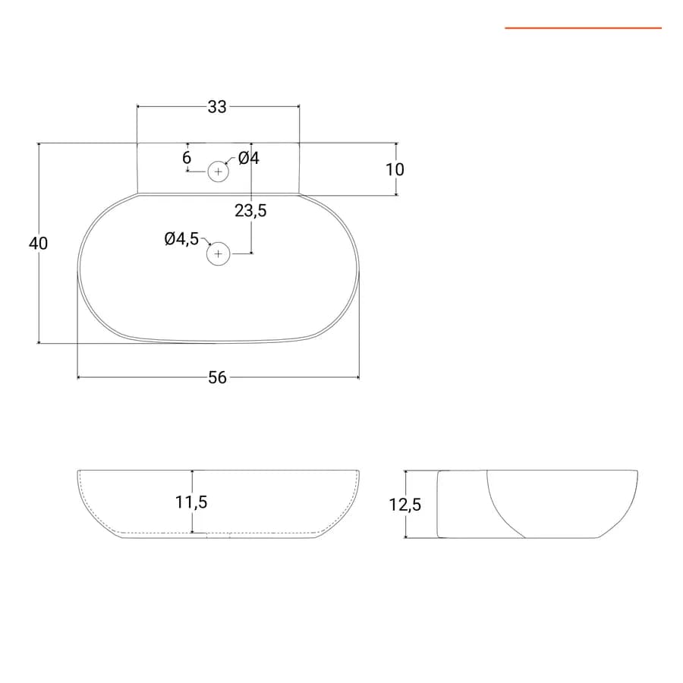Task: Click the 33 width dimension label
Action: pos(217,107)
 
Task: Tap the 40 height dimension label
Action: pos(38,243)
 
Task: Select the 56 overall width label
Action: pos(217,378)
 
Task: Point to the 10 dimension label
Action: pos(395,169)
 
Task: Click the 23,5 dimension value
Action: pos(250,211)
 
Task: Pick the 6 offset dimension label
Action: pos(187,157)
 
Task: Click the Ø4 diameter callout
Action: pos(249,158)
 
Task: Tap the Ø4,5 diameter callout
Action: pos(181,239)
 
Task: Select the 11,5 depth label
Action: pos(191,502)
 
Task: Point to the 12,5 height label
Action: pos(405,505)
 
